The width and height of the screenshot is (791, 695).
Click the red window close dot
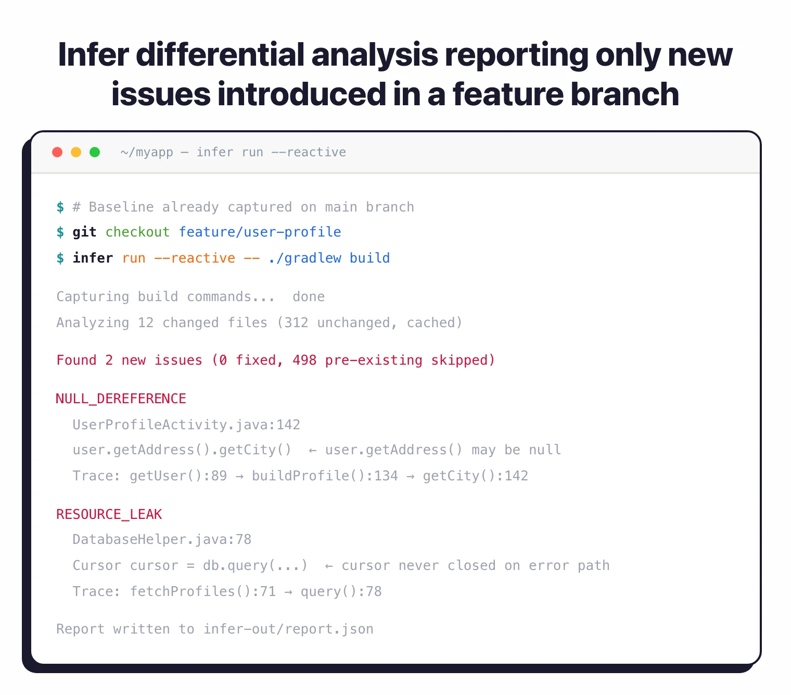[x=57, y=152]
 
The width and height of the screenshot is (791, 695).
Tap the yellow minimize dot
[x=76, y=152]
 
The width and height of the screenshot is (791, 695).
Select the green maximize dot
[x=95, y=152]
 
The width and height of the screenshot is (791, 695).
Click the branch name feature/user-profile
[x=260, y=232]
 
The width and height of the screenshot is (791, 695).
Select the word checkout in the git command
[x=137, y=232]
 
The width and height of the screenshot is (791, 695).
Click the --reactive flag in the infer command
[x=195, y=258]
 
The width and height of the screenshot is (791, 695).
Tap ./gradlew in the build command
[x=304, y=258]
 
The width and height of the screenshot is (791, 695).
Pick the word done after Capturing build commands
[x=309, y=296]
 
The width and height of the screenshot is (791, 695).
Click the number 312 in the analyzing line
[x=296, y=322]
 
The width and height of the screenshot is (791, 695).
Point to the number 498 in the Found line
[x=304, y=360]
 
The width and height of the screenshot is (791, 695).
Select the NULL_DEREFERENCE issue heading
[x=121, y=399]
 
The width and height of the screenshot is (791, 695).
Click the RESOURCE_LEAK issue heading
[x=109, y=514]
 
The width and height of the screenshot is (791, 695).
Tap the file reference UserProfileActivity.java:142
[x=186, y=425]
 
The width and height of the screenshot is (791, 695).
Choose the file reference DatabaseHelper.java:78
[x=162, y=539]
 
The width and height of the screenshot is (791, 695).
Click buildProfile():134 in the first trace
[x=325, y=476]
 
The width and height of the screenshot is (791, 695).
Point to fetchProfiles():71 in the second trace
[x=203, y=591]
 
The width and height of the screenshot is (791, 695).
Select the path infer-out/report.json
[x=288, y=629]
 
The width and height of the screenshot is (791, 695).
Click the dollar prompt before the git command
[x=60, y=232]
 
